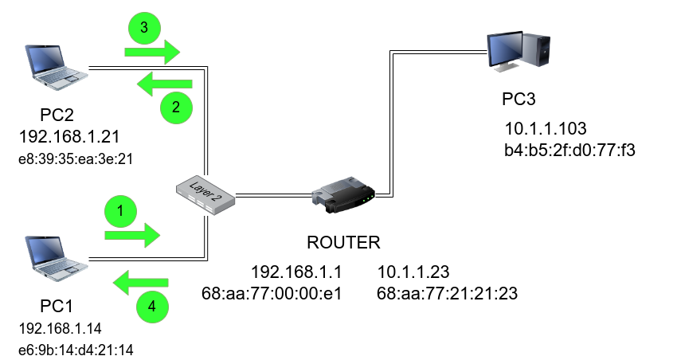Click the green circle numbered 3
pyautogui.click(x=144, y=29)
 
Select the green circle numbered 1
pyautogui.click(x=121, y=211)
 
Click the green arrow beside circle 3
pyautogui.click(x=151, y=53)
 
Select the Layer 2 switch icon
pyautogui.click(x=205, y=194)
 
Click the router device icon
pyautogui.click(x=343, y=196)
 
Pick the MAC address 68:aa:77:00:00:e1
pyautogui.click(x=272, y=292)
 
